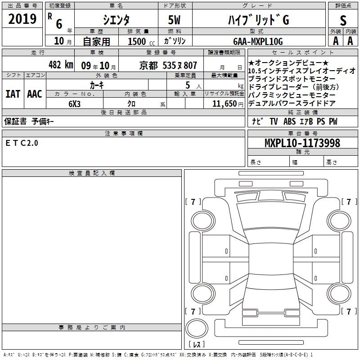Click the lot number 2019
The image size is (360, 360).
[x=22, y=19]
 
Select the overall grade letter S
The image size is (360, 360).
[x=343, y=20]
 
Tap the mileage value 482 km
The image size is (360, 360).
[x=61, y=64]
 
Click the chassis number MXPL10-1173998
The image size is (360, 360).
[x=302, y=143]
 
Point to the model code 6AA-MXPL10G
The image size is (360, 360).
[x=258, y=41]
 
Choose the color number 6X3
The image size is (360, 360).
[x=74, y=104]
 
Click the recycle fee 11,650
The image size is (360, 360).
[x=224, y=104]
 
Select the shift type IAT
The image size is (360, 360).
[x=13, y=94]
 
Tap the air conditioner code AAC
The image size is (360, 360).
[x=35, y=94]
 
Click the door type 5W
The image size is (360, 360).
[x=174, y=20]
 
